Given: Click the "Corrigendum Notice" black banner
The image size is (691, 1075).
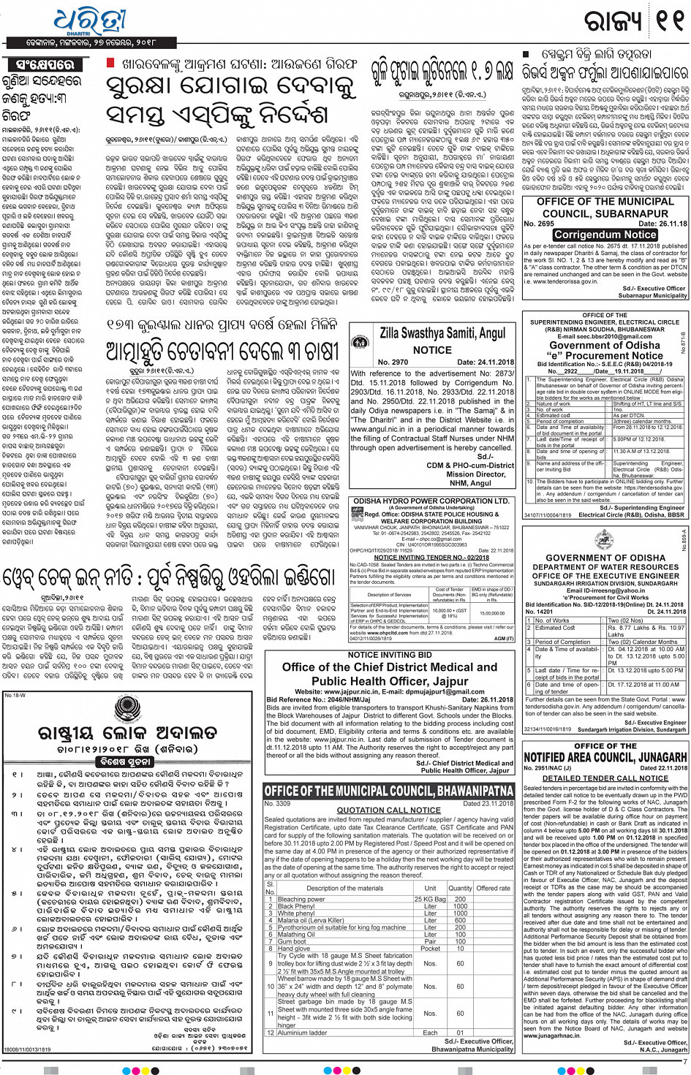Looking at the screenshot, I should click(605, 235).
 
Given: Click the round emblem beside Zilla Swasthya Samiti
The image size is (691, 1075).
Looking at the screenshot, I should click(361, 341).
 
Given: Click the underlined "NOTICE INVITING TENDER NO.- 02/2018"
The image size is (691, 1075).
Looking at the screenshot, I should click(431, 558).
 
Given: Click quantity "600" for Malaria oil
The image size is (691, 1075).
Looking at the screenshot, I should click(460, 920).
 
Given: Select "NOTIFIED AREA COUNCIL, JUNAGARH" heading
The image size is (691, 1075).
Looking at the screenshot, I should click(605, 757).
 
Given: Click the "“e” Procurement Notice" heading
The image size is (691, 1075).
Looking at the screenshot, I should click(605, 355).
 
